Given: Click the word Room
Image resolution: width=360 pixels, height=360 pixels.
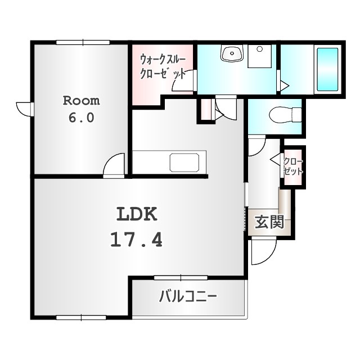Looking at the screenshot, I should coord(81,101).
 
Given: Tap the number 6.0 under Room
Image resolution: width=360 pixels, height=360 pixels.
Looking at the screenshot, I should coord(81,119).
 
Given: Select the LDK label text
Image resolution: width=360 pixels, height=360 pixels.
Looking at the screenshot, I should coord(137,214).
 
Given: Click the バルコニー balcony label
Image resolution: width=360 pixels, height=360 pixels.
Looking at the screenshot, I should coord(188,296).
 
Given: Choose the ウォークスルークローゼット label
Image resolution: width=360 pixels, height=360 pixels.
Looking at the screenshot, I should coord(163,66).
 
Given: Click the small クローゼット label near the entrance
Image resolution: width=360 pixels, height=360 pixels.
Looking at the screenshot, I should coord(294,166).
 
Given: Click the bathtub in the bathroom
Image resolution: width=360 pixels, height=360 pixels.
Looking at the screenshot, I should coord(327,69).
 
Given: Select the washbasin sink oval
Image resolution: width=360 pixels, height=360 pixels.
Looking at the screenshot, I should coord(231,54).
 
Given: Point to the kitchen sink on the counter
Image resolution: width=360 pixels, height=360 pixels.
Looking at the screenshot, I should coord(184,162).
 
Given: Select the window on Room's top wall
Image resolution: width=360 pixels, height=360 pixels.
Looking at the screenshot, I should coord(82,41).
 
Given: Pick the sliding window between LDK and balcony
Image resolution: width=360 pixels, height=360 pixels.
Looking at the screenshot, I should coord(181,277).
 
